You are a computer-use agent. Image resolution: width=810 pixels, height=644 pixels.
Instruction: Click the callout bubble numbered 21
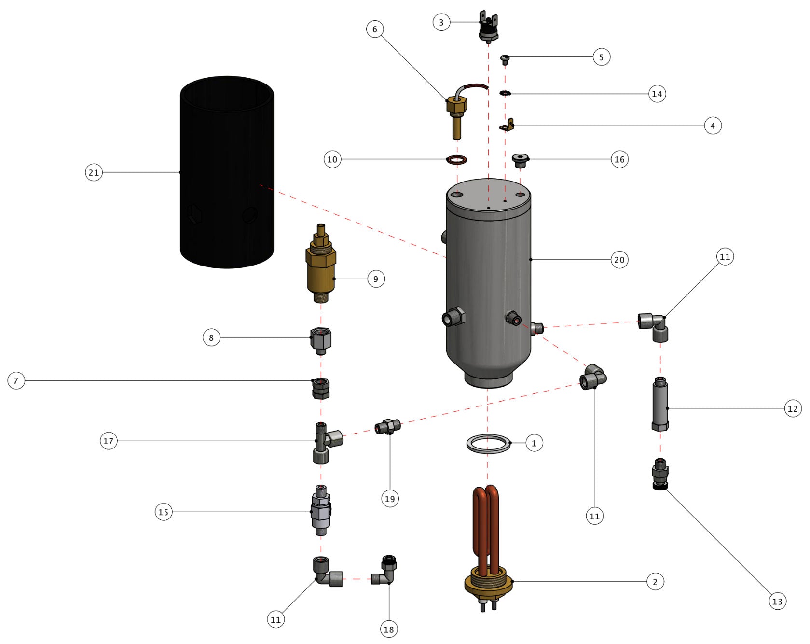point(94,172)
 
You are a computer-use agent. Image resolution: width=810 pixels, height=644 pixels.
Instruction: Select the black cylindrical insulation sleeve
point(227,174)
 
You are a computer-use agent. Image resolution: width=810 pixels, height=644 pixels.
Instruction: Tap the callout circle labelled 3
point(441,22)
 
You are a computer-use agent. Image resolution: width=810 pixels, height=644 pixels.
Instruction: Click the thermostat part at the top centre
point(488,28)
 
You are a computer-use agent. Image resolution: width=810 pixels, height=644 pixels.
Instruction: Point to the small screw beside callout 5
point(505,59)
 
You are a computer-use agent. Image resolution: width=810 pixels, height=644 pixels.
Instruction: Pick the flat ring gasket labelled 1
point(488,443)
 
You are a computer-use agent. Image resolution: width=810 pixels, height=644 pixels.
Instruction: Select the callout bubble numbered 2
point(655,582)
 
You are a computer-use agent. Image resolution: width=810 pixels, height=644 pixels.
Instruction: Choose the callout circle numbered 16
point(619,159)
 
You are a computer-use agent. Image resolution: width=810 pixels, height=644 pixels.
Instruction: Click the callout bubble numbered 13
point(777,602)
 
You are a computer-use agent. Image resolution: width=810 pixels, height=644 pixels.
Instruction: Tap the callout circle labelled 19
point(389,499)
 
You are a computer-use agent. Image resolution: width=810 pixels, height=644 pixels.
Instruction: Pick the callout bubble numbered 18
point(388,629)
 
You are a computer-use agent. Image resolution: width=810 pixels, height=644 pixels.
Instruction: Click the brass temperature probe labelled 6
point(456,113)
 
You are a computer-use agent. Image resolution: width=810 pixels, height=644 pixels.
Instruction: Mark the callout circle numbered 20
point(619,260)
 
